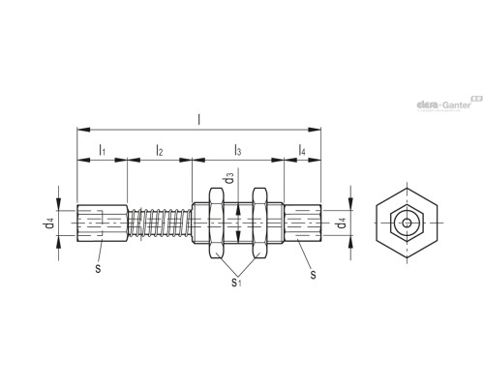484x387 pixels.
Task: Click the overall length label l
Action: coord(199,120)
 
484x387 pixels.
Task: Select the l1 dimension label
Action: coord(102,152)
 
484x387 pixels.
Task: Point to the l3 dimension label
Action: coord(238,152)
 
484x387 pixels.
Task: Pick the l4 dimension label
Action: coord(302,152)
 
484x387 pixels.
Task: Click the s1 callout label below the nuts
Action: coord(236,282)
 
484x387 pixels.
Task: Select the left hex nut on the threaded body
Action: coord(216,224)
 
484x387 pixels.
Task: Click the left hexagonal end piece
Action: coord(102,224)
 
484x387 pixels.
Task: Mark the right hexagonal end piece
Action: coord(301,224)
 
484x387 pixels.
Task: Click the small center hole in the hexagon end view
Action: coord(407,224)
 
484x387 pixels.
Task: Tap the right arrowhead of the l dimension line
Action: coord(318,128)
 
